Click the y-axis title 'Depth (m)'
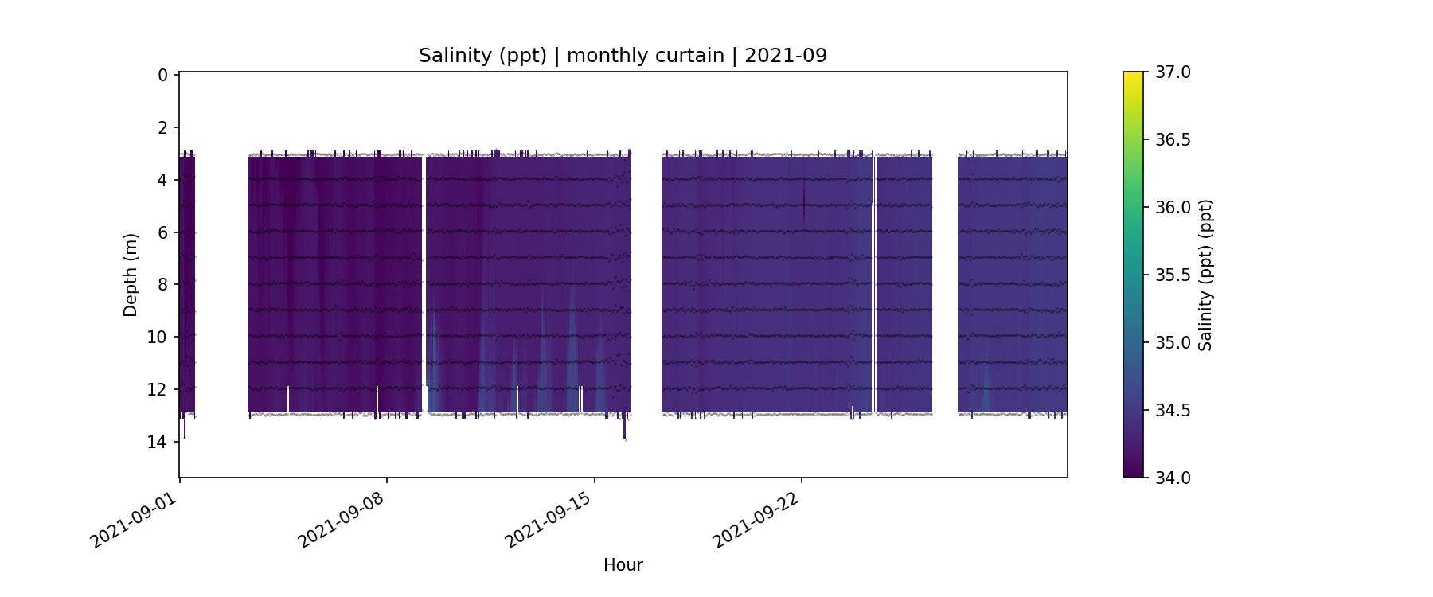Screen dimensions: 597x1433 (131, 275)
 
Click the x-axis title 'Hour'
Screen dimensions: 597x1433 (623, 565)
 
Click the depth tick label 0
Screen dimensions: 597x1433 (162, 76)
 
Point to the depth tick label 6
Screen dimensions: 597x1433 (162, 232)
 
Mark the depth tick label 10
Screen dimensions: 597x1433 (158, 338)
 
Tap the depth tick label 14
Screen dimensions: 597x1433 (158, 442)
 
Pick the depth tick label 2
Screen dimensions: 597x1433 (162, 128)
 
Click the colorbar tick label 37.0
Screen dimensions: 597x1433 (1173, 72)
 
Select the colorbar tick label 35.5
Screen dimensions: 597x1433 (1173, 275)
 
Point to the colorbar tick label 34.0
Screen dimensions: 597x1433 (1173, 478)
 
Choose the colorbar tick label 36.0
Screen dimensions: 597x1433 (1173, 208)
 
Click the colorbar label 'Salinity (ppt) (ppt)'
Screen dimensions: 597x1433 (1205, 275)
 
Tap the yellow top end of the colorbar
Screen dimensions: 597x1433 (1133, 76)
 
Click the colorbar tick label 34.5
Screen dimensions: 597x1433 (1173, 411)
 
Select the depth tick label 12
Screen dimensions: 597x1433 (158, 390)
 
